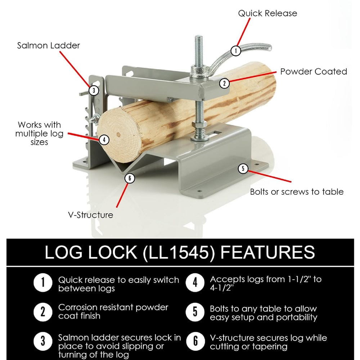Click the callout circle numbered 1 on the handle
click(x=235, y=50)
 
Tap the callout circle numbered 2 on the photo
click(x=224, y=83)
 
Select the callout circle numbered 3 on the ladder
click(x=94, y=90)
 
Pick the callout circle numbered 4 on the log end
click(x=104, y=139)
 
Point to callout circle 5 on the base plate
click(x=243, y=168)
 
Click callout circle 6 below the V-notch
click(x=129, y=178)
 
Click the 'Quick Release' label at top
click(x=267, y=13)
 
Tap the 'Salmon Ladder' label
click(x=49, y=46)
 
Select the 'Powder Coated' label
click(x=314, y=71)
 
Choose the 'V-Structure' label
click(x=91, y=215)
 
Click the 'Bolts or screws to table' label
click(x=297, y=192)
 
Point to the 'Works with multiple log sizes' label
click(x=40, y=133)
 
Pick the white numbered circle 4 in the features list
click(x=195, y=283)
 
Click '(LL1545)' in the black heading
click(x=179, y=252)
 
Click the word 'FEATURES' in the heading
click(x=268, y=252)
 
